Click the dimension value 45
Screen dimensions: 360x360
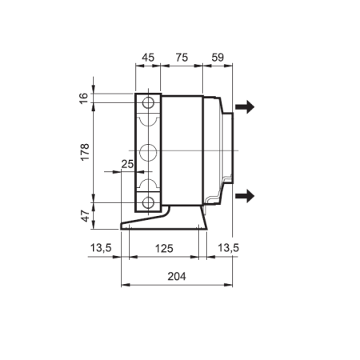(148, 58)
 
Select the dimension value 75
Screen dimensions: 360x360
(182, 58)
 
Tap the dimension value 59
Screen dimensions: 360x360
(218, 58)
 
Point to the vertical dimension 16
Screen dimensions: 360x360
(84, 98)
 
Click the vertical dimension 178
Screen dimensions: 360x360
(85, 152)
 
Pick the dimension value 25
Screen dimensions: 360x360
(127, 164)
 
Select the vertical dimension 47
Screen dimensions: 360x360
(86, 216)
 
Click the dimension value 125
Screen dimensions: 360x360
(164, 249)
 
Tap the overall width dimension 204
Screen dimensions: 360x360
(177, 277)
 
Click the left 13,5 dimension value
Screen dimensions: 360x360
(101, 248)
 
